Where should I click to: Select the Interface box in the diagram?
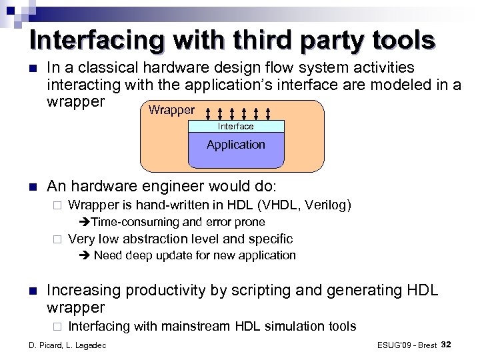tap(236, 126)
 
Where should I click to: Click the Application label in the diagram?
tap(236, 145)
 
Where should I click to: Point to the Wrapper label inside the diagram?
tap(172, 110)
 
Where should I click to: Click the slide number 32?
tap(447, 344)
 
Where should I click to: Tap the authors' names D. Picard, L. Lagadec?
tap(66, 345)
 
